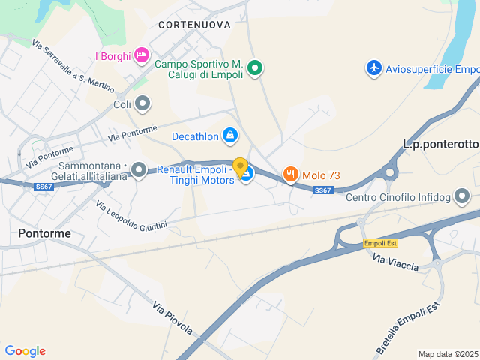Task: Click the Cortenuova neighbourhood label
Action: (194, 25)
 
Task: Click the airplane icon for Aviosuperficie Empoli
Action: (373, 68)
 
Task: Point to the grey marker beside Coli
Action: (142, 103)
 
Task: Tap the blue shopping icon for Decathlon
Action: (230, 136)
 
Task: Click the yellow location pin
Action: (241, 167)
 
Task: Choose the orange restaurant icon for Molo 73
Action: (290, 175)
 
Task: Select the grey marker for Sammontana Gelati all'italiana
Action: (139, 170)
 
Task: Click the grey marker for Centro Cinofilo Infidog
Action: (462, 197)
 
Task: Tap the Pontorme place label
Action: (44, 233)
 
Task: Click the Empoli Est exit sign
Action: (380, 243)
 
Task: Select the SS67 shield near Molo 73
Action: (323, 190)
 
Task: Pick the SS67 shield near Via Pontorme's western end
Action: (43, 187)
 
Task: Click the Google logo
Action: (25, 351)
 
